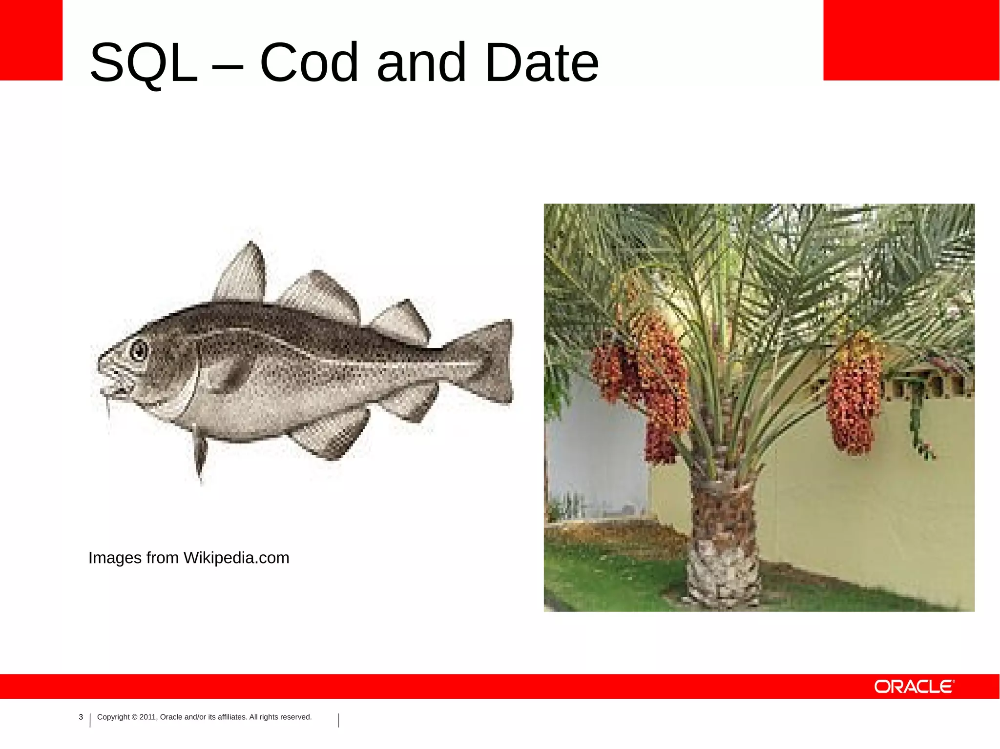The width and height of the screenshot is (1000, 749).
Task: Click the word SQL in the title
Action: [144, 62]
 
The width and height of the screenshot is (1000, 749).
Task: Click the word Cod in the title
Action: [310, 62]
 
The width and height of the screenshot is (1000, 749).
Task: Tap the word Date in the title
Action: [541, 62]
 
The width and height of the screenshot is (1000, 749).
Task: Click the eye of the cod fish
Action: [139, 350]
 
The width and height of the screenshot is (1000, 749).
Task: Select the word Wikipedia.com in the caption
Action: [236, 558]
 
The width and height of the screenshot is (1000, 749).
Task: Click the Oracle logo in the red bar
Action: [914, 687]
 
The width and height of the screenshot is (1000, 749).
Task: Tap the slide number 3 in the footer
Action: [81, 717]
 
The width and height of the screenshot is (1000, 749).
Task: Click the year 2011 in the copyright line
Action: [147, 717]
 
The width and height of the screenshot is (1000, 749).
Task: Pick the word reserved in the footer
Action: [296, 717]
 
